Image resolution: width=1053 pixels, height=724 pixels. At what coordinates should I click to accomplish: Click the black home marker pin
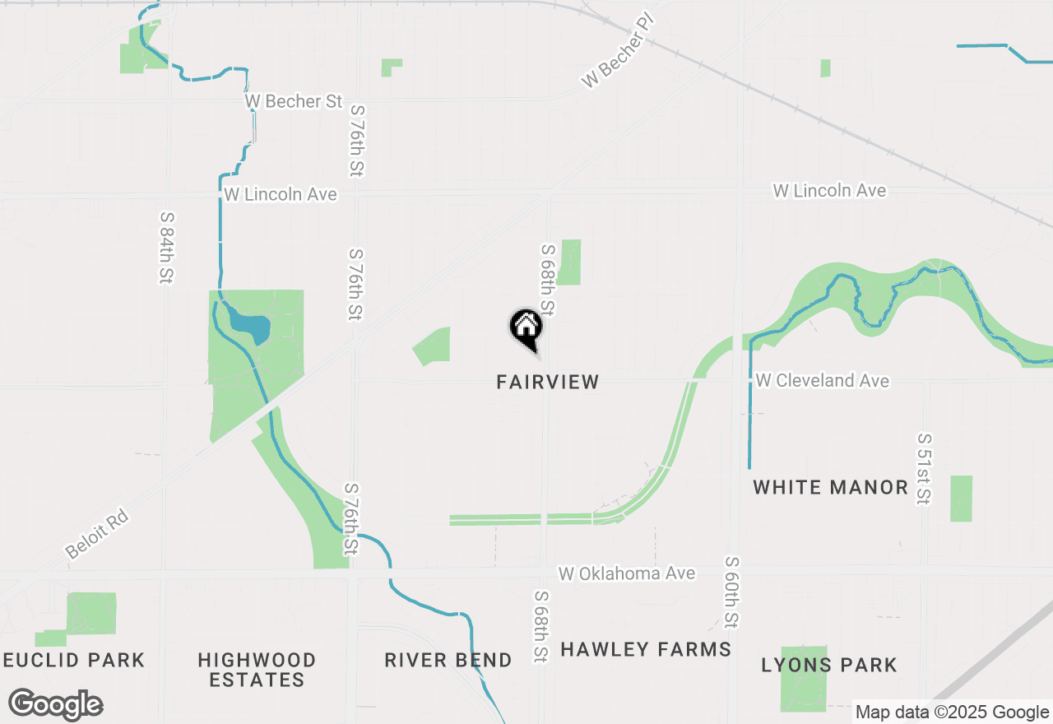click(x=526, y=328)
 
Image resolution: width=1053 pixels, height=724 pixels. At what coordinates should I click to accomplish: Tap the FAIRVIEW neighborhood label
click(x=548, y=382)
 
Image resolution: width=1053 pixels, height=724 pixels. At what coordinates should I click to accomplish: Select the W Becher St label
click(x=294, y=101)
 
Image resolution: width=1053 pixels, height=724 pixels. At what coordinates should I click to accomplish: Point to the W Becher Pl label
click(x=617, y=51)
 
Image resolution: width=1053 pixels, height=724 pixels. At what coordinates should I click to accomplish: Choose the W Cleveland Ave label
click(x=822, y=381)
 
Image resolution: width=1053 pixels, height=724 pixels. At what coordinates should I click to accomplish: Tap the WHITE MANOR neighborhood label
click(x=830, y=487)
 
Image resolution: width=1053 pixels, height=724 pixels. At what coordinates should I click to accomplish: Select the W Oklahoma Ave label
click(x=627, y=573)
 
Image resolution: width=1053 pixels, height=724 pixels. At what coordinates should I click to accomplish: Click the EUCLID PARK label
click(x=74, y=660)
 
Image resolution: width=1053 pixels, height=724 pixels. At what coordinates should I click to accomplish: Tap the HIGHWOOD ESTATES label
click(x=257, y=670)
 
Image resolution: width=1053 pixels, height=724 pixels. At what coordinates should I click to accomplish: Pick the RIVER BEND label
click(x=448, y=660)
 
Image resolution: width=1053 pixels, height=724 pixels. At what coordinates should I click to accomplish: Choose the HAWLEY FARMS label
click(x=646, y=649)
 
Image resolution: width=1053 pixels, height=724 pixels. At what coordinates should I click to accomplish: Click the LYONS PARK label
click(x=828, y=665)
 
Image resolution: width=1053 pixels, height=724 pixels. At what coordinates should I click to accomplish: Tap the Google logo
click(x=56, y=705)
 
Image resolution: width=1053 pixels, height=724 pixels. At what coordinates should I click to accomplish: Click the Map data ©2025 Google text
click(x=952, y=712)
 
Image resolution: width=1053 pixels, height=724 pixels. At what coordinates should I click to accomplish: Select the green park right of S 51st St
click(x=961, y=498)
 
